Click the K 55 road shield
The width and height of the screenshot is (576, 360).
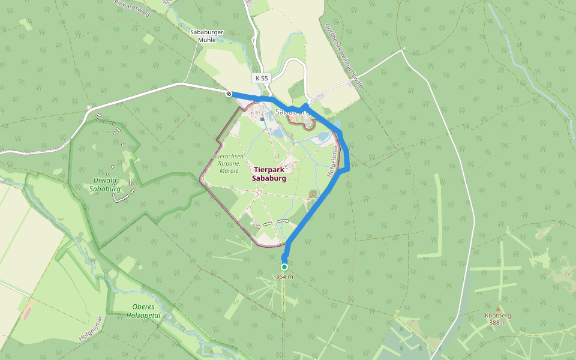click(261, 78)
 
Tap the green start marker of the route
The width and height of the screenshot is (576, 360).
click(284, 266)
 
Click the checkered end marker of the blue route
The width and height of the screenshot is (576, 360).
click(229, 94)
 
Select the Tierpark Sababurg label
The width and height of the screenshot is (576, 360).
click(268, 174)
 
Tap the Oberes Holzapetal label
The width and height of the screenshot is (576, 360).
click(145, 311)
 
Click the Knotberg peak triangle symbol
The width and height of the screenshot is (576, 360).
click(497, 308)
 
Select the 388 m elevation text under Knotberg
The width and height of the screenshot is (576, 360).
click(497, 323)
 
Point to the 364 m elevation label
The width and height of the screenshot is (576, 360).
click(284, 277)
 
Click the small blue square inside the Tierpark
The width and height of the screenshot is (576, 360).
click(262, 119)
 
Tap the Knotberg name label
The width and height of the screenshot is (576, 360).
click(497, 316)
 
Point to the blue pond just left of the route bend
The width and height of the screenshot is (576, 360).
click(322, 137)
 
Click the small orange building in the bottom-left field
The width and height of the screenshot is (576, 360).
click(26, 310)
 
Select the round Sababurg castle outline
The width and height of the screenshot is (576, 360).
click(308, 124)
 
